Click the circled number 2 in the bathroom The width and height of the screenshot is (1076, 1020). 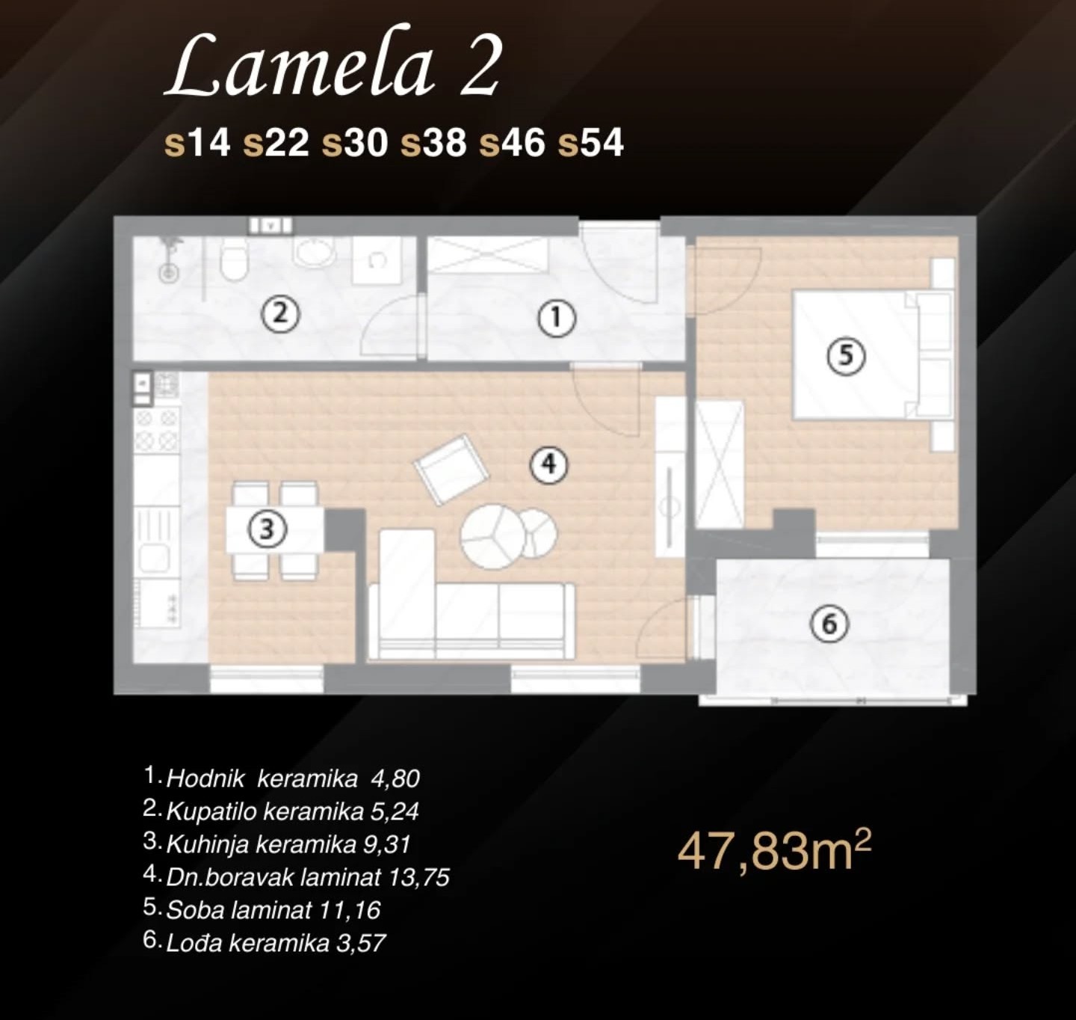279,314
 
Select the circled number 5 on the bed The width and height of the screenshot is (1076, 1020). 846,356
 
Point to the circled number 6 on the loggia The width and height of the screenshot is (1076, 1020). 829,624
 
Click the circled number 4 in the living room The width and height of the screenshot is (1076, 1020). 549,464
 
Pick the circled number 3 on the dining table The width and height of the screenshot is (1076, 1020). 267,529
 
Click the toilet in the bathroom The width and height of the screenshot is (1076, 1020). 235,259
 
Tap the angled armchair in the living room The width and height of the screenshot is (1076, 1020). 452,469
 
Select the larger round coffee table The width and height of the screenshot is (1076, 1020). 490,537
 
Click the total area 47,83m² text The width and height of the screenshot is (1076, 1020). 774,852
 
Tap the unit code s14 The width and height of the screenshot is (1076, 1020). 197,143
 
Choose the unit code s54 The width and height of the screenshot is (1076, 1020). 590,143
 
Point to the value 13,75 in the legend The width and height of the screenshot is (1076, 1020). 418,878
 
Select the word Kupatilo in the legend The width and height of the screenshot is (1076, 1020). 211,812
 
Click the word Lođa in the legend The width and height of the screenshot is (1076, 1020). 194,943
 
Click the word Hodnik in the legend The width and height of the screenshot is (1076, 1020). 205,778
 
